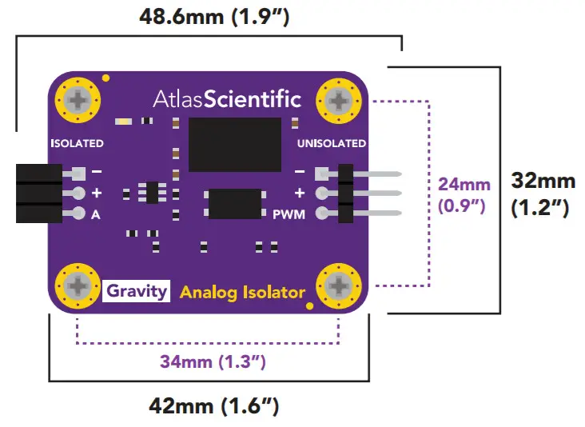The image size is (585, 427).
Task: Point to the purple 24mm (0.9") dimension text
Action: [464, 194]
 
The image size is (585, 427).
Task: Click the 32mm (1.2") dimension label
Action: [543, 194]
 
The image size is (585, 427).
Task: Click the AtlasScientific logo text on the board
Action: [227, 100]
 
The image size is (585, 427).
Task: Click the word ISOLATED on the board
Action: [77, 144]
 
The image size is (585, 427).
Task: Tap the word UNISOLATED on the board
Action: [331, 144]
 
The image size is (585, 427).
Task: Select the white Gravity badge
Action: [137, 290]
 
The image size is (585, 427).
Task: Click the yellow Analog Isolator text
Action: [242, 292]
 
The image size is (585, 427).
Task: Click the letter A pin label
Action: [96, 213]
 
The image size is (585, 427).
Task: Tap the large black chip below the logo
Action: [235, 145]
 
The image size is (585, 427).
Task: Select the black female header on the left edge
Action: [38, 193]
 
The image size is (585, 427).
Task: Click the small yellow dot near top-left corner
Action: [105, 78]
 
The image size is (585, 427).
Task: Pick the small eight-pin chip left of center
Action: [149, 193]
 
